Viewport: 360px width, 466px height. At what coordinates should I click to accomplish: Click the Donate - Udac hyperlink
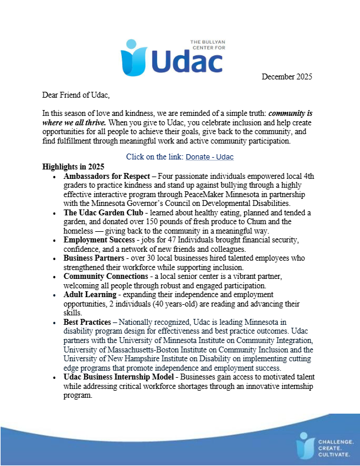[210, 157]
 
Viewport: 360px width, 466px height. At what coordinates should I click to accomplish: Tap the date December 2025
[286, 76]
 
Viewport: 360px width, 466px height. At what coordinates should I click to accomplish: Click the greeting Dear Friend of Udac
[76, 95]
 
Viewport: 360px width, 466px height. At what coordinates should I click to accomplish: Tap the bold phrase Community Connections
[106, 277]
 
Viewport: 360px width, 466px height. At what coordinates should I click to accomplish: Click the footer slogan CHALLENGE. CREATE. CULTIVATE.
[334, 447]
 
